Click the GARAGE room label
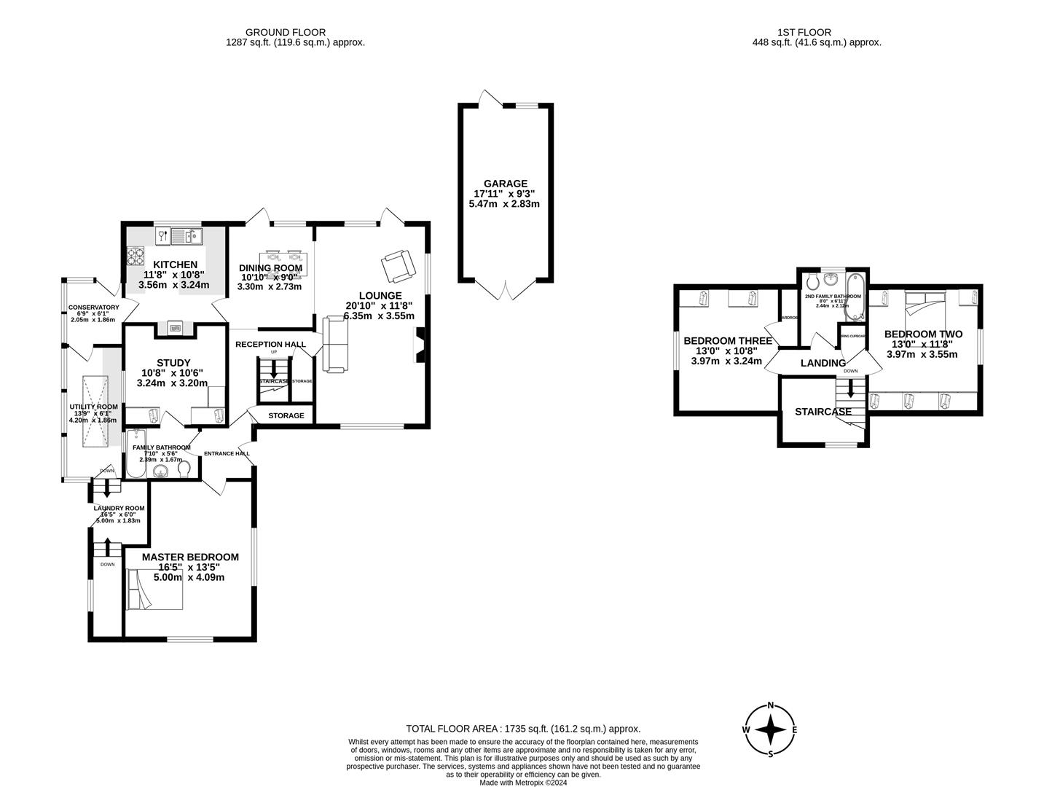pyautogui.click(x=505, y=184)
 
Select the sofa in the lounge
pyautogui.click(x=334, y=345)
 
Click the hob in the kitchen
pyautogui.click(x=136, y=256)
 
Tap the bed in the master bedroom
pyautogui.click(x=153, y=590)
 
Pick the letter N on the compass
pyautogui.click(x=770, y=706)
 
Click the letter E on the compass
pyautogui.click(x=794, y=729)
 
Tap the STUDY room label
pyautogui.click(x=173, y=363)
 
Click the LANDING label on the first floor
pyautogui.click(x=823, y=363)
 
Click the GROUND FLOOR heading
pyautogui.click(x=285, y=32)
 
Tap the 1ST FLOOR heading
pyautogui.click(x=804, y=32)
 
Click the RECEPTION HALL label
pyautogui.click(x=270, y=344)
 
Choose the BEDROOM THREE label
pyautogui.click(x=727, y=340)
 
